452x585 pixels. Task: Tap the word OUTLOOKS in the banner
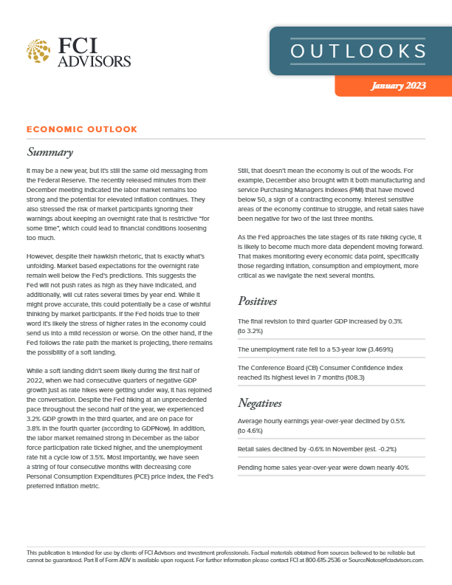(357, 51)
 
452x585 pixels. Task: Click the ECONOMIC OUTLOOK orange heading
(81, 129)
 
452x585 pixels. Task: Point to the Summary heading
(49, 153)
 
